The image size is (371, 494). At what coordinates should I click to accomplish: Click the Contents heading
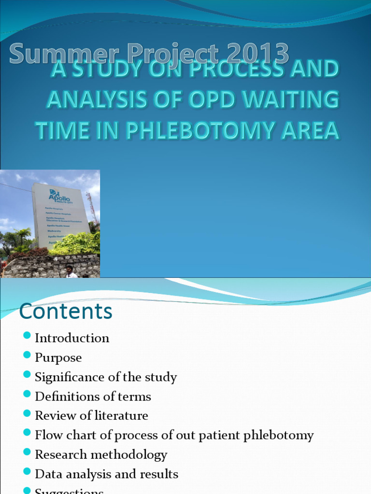(66, 311)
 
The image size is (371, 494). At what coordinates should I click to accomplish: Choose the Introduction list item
(72, 338)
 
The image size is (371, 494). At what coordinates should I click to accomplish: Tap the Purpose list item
(58, 357)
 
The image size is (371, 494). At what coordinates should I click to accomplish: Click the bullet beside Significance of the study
(27, 375)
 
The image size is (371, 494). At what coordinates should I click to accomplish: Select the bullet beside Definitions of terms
(27, 394)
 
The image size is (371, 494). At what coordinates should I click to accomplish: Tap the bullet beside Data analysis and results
(27, 472)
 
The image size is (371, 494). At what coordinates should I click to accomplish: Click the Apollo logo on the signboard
(59, 196)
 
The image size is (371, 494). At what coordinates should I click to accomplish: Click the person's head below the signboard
(70, 269)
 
